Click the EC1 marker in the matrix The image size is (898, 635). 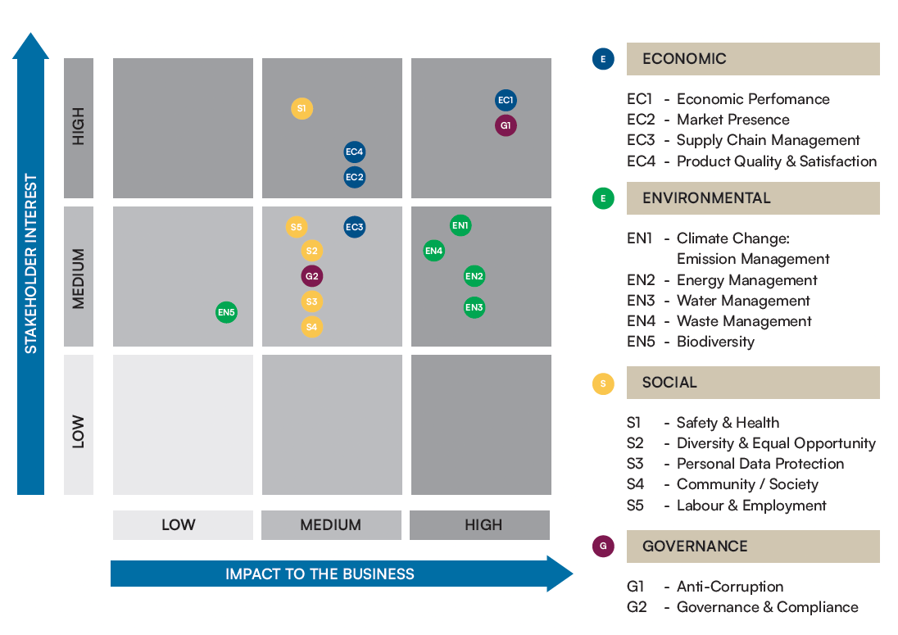506,100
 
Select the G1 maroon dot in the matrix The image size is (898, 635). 506,125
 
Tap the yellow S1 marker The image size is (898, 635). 302,108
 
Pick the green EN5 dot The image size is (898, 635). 226,312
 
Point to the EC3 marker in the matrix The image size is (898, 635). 355,227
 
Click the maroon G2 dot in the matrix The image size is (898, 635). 312,276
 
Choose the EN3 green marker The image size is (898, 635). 474,307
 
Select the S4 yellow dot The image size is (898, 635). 312,327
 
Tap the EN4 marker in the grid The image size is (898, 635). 434,251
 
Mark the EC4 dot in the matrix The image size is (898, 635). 355,152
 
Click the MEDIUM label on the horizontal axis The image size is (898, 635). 331,524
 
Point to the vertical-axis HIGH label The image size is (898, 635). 79,126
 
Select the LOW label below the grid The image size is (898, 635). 179,524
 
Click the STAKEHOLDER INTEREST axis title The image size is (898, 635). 31,264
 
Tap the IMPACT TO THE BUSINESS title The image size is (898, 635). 320,574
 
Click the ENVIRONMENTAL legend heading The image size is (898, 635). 707,198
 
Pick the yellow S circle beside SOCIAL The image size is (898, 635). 603,383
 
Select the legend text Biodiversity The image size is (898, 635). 716,342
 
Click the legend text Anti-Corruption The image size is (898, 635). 730,587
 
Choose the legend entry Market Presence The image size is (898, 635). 733,120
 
